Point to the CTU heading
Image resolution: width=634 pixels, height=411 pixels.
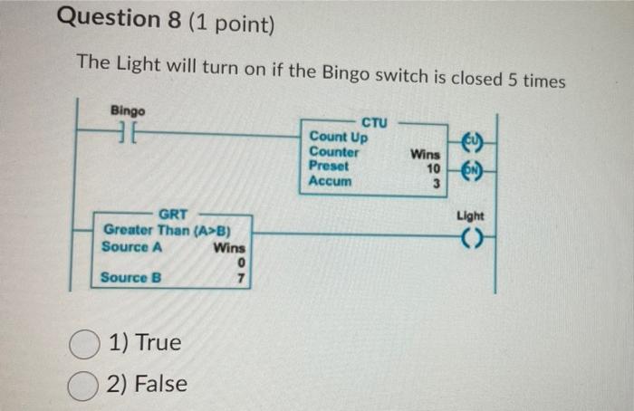pyautogui.click(x=373, y=122)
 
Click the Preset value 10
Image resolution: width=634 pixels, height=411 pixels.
pyautogui.click(x=433, y=168)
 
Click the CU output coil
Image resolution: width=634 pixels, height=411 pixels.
pyautogui.click(x=471, y=142)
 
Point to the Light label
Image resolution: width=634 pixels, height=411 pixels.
pyautogui.click(x=471, y=215)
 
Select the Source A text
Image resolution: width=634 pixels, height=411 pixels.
pyautogui.click(x=126, y=247)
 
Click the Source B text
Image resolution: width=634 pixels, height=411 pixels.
pyautogui.click(x=130, y=277)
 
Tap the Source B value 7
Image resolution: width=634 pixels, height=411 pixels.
pyautogui.click(x=240, y=278)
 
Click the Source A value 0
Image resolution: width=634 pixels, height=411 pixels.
pyautogui.click(x=240, y=263)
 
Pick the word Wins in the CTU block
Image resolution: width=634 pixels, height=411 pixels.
pyautogui.click(x=426, y=155)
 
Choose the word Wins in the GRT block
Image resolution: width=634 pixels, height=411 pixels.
pyautogui.click(x=229, y=248)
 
